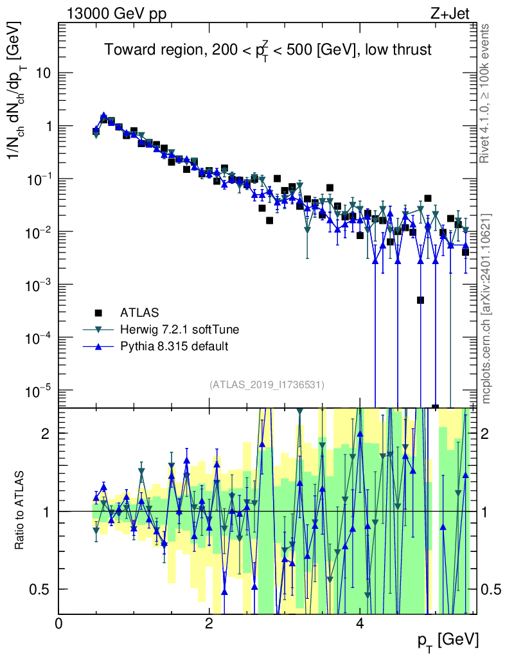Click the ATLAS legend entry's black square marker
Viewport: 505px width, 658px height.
[x=98, y=313]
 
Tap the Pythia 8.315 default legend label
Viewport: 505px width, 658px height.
[x=174, y=346]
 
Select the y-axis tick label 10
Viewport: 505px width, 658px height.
[x=43, y=73]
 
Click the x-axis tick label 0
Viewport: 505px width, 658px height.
[x=58, y=624]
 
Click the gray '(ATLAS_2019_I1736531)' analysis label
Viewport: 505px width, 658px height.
[x=267, y=385]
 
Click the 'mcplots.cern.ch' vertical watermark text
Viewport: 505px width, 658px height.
[x=486, y=308]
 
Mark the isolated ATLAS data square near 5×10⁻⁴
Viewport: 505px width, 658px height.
[x=420, y=300]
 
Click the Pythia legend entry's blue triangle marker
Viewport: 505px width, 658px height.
[x=98, y=346]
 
